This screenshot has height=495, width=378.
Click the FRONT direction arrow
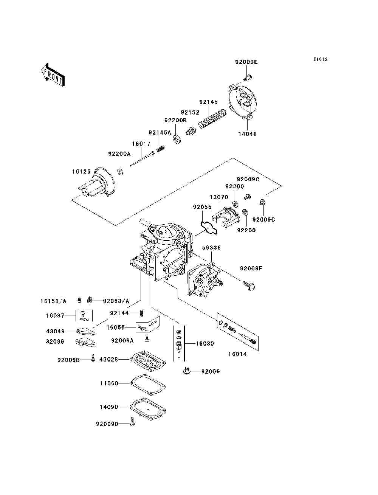coord(53,75)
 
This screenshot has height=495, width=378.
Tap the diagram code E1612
coord(320,59)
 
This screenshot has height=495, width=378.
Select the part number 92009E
coord(246,62)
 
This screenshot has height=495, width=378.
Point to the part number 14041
coord(247,134)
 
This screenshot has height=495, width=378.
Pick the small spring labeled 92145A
coord(161,149)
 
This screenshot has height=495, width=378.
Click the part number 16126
coord(81,171)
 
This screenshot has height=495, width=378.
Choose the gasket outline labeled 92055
coord(209,228)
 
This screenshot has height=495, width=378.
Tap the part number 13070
coord(219,197)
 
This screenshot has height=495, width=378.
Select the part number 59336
coord(211,248)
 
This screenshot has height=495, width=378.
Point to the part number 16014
coord(238,354)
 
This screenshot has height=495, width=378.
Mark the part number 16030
coord(204,343)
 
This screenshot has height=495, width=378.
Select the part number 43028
coord(108,359)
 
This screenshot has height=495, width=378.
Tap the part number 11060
coord(109,383)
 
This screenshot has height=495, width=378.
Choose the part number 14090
coord(109,407)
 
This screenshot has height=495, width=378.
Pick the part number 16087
coord(55,315)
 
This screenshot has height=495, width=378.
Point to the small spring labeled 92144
coord(141,313)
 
